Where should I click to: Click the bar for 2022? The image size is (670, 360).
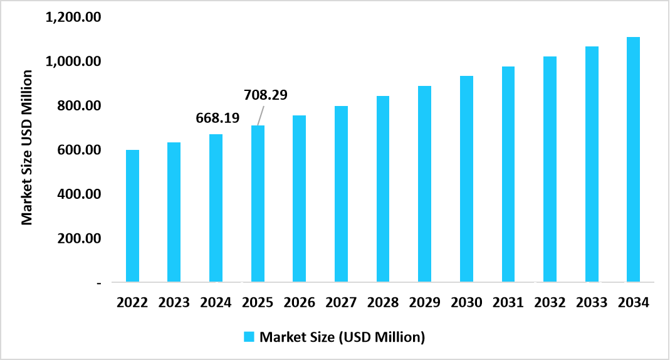click(x=132, y=216)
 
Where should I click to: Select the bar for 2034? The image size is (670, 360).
click(x=633, y=159)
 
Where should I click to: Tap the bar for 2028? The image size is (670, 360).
click(x=383, y=189)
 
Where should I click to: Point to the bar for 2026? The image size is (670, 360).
click(x=299, y=199)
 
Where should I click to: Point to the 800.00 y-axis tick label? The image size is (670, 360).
click(x=78, y=106)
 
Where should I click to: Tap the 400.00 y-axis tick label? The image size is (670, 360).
click(x=78, y=194)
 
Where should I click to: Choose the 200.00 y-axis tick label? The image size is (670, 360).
click(x=78, y=239)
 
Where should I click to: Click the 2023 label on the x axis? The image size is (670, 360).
click(x=174, y=303)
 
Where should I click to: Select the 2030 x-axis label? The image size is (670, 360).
click(x=466, y=303)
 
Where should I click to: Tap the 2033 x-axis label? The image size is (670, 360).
click(x=592, y=303)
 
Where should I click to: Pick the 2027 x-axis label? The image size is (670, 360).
click(x=341, y=303)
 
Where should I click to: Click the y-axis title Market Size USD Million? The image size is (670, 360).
click(x=27, y=148)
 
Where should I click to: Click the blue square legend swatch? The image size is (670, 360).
click(x=249, y=337)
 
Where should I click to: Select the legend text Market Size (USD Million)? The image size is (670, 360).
click(x=342, y=337)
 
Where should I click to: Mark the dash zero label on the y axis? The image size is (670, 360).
click(x=98, y=283)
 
